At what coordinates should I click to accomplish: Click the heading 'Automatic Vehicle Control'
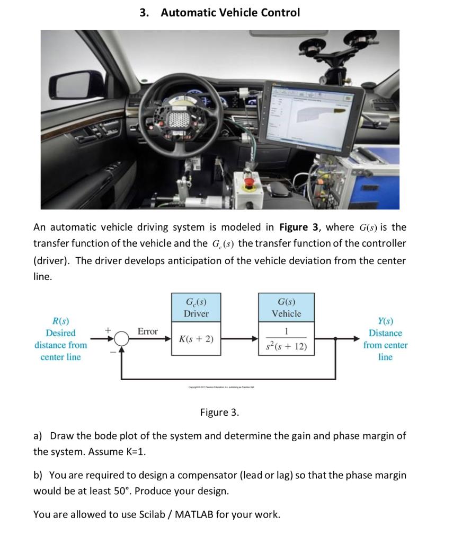pos(230,12)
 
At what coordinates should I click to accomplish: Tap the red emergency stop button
pos(250,185)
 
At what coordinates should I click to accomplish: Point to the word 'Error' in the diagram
pos(148,331)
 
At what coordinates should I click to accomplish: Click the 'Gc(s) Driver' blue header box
pos(196,308)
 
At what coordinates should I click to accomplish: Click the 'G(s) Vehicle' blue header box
pos(286,308)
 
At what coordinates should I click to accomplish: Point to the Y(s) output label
pos(385,321)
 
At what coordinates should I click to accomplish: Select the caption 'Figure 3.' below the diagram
pos(219,412)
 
